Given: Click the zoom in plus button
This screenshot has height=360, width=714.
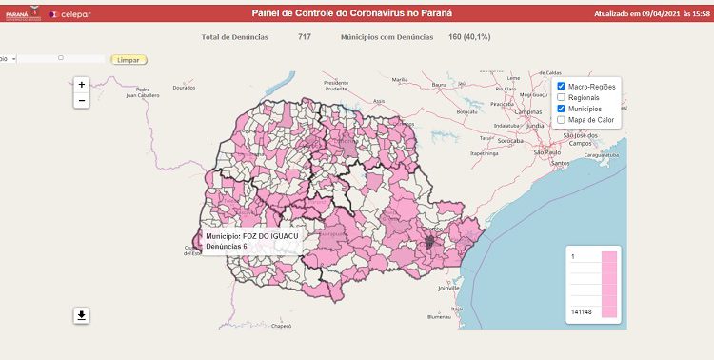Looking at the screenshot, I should coord(82,84).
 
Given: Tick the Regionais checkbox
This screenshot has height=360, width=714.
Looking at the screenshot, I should coord(562,97).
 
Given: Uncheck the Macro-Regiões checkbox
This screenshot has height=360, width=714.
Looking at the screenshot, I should coord(562,87).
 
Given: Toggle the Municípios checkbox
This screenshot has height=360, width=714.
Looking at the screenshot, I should coord(562,109).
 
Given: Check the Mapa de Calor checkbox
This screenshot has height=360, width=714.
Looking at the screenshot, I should coord(562,120).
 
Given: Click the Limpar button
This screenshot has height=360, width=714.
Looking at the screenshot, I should coord(129,59).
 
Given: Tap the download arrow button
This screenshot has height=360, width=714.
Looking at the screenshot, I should coord(82,315).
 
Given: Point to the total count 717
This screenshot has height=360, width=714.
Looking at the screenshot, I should coord(305,37).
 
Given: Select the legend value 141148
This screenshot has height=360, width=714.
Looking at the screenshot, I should coord(580,311).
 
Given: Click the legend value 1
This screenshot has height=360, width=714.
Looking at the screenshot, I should coord(572,257).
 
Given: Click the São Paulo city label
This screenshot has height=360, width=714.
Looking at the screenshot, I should coord(547,152).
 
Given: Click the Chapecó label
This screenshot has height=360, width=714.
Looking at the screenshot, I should coord(281,325).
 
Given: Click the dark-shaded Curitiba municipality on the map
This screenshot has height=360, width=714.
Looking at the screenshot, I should coord(429,244).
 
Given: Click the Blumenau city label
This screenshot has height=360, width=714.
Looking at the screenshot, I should coord(438,316).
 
